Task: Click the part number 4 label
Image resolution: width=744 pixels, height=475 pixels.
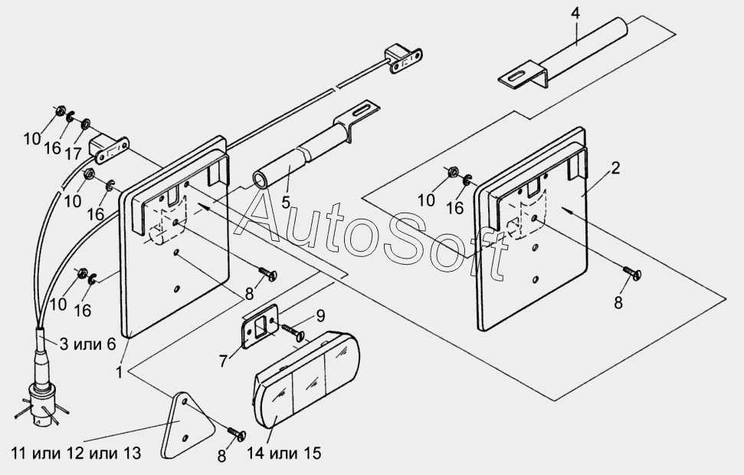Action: tap(575, 13)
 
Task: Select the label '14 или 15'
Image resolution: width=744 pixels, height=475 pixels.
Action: tap(284, 454)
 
